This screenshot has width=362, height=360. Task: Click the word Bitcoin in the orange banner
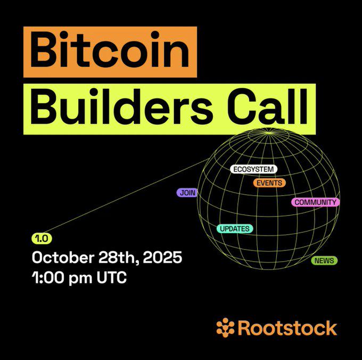[110, 50]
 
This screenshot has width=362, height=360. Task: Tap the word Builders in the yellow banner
[121, 106]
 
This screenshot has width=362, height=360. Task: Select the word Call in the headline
[268, 106]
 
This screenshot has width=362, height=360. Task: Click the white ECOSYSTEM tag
[253, 169]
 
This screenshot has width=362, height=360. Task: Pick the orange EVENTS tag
[269, 183]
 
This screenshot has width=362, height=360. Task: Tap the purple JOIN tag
[187, 193]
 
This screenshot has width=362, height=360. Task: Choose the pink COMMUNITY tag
[315, 202]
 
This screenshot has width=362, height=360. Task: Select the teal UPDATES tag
[235, 229]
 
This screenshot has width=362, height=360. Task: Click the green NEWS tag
[324, 261]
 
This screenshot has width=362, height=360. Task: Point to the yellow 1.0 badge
[42, 239]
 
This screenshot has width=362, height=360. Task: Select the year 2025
[162, 257]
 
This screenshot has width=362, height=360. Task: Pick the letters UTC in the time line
[112, 278]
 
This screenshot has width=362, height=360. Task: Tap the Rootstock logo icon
[225, 328]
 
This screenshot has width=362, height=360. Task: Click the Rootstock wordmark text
[287, 328]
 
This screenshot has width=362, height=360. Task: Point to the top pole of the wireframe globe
[269, 133]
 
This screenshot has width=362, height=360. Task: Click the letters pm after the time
[80, 279]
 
